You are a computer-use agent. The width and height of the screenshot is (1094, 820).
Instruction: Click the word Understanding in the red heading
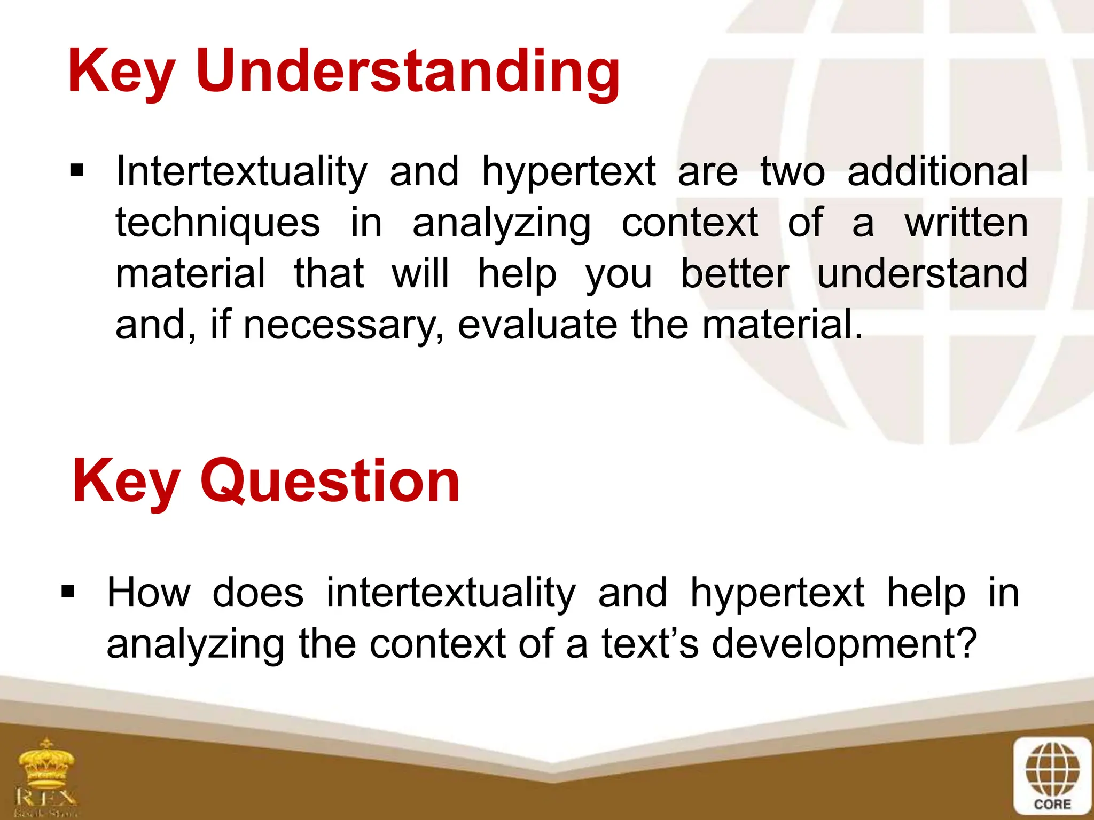408,72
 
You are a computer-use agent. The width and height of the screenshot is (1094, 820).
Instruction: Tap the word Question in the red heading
330,482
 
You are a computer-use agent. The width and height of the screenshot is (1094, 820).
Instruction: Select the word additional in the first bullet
937,171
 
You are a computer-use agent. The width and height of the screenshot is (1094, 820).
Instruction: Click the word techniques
218,223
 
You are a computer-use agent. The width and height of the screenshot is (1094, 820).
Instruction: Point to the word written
966,223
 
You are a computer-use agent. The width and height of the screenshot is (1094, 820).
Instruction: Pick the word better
734,274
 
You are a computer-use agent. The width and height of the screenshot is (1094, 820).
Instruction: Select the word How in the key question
149,593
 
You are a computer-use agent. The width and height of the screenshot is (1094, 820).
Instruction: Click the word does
258,593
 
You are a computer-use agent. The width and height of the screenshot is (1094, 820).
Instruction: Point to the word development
844,644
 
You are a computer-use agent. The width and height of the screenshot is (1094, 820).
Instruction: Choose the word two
793,171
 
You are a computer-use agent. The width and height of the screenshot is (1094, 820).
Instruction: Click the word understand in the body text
922,274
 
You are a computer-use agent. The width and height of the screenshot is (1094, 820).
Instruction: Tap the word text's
650,644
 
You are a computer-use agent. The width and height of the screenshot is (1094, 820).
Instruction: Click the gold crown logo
46,767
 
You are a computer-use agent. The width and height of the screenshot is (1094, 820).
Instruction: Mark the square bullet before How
68,592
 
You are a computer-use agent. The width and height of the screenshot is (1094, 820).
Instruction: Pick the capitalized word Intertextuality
241,171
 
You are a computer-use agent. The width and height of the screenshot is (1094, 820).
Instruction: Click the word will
420,274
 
